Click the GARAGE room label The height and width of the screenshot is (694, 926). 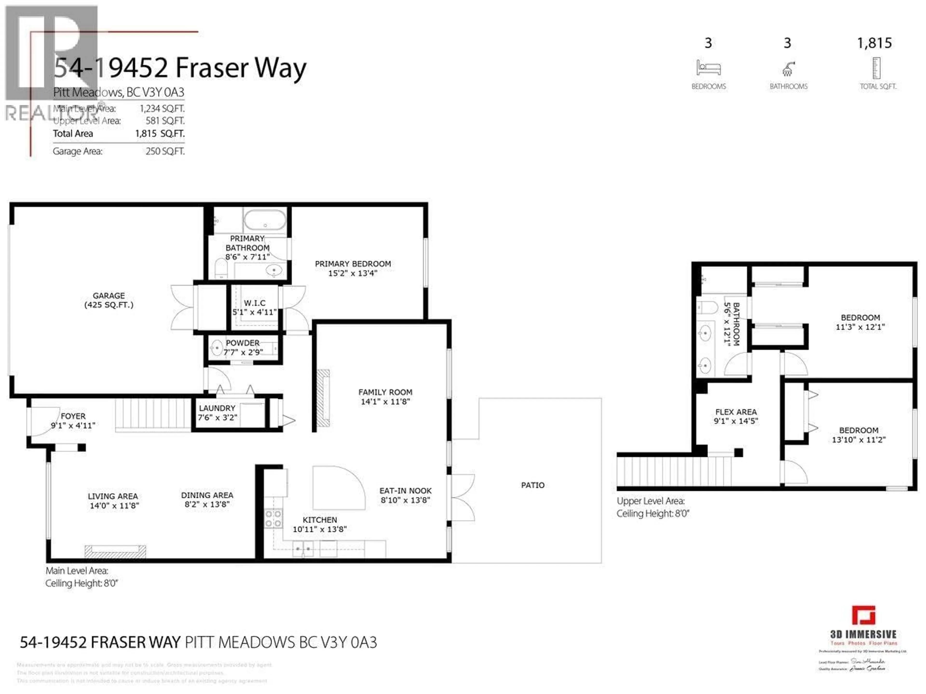(x=109, y=296)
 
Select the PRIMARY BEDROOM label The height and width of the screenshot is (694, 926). (x=353, y=264)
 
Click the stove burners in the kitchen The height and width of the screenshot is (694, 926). (x=273, y=519)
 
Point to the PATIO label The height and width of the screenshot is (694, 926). (x=532, y=485)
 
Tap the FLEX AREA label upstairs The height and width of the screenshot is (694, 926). (x=736, y=412)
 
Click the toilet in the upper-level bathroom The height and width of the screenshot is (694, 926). (x=707, y=307)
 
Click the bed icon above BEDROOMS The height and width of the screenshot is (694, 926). (x=708, y=68)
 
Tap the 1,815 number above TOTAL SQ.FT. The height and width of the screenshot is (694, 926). (x=874, y=43)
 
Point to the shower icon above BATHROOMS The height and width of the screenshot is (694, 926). (x=788, y=69)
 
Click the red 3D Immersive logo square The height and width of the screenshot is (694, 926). (x=863, y=615)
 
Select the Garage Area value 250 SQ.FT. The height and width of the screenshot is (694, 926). (x=165, y=151)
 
